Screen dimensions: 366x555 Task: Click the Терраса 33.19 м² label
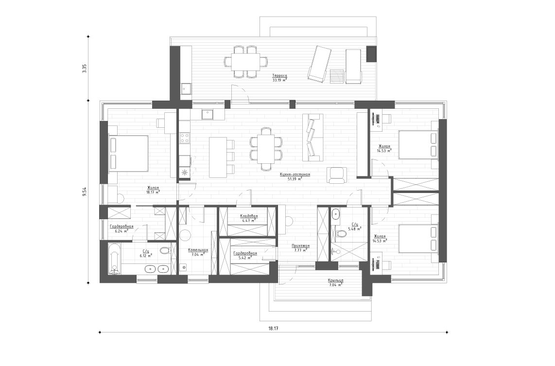pos(279,78)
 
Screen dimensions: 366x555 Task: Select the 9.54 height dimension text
pos(84,192)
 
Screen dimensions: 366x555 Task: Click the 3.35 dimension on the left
pos(84,69)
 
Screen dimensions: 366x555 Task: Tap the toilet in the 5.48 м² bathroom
pos(342,234)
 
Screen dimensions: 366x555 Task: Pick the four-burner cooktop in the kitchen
pos(184,138)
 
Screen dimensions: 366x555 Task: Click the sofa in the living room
pos(312,137)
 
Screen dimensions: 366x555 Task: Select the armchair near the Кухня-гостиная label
pos(337,175)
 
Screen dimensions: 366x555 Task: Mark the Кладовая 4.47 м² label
pos(248,218)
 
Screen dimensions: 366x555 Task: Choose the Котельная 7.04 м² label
pos(198,252)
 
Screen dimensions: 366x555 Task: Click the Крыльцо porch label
pos(336,282)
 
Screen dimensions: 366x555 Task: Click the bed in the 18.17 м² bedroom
pos(128,154)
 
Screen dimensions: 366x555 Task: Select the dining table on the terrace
pos(245,62)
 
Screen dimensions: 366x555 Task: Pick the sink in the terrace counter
pos(186,89)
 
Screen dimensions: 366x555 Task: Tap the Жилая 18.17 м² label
pos(153,190)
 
